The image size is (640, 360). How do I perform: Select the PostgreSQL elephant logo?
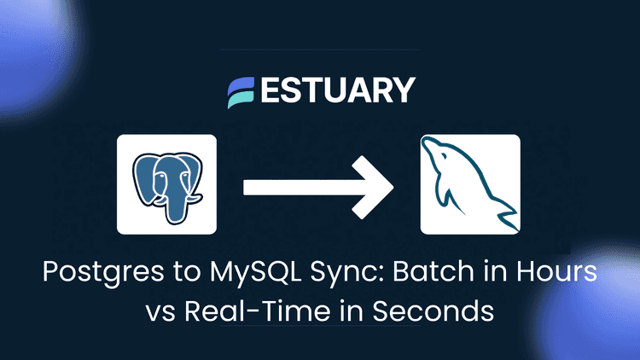point(166,183)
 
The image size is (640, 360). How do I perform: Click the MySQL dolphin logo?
point(469,183)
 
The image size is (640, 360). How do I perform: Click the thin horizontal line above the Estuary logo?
point(319,49)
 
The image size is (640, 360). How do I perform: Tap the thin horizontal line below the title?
point(319,327)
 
